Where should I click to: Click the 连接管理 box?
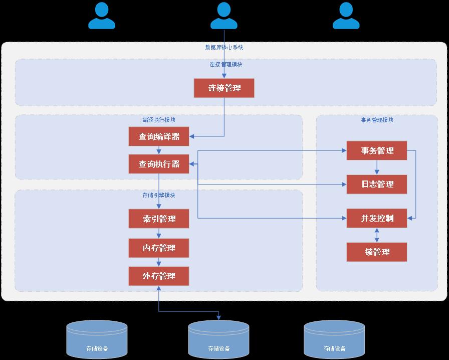224,88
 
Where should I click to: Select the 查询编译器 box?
159,136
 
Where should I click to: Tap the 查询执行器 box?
159,164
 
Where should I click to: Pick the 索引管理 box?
159,219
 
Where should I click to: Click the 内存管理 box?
159,248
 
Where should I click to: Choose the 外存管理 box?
159,276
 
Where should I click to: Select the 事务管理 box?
377,151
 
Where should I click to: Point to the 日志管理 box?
377,185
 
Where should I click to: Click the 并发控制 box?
377,218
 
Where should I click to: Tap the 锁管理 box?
377,252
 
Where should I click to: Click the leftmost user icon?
102,16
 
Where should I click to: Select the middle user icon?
224,16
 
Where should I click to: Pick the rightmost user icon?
346,16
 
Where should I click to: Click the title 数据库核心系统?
224,47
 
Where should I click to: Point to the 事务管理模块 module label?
377,120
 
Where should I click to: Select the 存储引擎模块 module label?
159,195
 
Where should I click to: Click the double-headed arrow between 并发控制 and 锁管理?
377,235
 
